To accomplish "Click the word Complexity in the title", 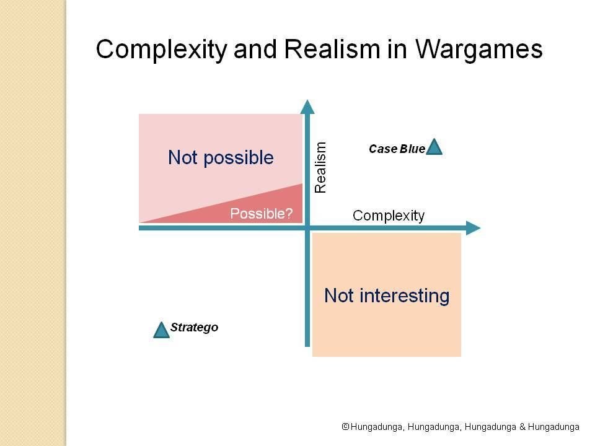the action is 162,50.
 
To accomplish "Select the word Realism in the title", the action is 332,49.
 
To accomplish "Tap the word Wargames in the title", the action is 479,50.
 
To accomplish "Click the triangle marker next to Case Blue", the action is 434,147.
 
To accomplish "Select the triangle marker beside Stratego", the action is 161,330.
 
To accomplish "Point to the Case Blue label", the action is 397,149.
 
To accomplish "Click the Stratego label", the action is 194,327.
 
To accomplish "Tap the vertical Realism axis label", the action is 320,167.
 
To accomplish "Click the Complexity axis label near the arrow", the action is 389,216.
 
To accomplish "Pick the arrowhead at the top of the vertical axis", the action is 307,107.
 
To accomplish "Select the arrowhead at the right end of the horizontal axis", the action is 473,228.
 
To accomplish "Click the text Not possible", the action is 221,158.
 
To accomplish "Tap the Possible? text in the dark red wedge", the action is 262,214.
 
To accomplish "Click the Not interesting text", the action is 387,296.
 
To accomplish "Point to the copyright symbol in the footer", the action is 345,427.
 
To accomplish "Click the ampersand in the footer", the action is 522,427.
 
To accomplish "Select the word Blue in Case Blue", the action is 413,149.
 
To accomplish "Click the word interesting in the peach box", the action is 405,296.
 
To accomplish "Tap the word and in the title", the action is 255,50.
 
